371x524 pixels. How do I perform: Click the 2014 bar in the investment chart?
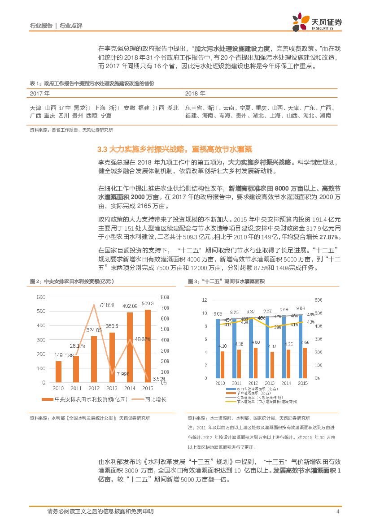[x=130, y=347]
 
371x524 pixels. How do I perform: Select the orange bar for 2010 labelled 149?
[x=58, y=372]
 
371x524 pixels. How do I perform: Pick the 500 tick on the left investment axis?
[x=40, y=311]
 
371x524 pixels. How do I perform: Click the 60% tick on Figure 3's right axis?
[x=318, y=300]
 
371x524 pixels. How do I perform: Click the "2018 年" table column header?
[x=195, y=94]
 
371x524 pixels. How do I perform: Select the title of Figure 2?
[x=72, y=281]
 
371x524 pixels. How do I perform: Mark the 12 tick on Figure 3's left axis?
[x=205, y=300]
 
